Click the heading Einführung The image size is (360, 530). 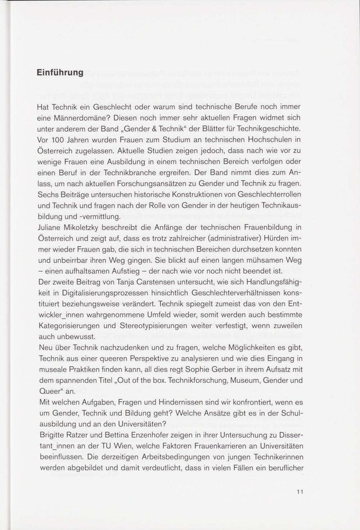[60, 73]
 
